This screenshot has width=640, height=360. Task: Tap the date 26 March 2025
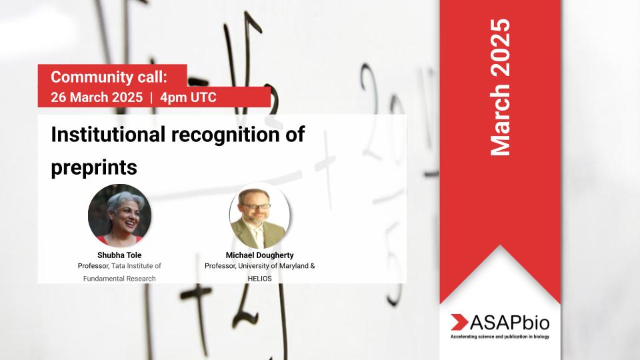point(97,97)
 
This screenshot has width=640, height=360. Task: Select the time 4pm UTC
point(188,97)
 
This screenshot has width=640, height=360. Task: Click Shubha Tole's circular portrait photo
point(119,215)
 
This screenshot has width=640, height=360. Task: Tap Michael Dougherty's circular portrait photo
point(259,215)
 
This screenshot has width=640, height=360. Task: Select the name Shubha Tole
point(119,254)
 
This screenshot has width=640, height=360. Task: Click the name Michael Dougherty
point(259,254)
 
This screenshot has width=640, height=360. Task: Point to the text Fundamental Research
point(119,278)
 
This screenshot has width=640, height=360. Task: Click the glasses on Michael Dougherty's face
point(259,207)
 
